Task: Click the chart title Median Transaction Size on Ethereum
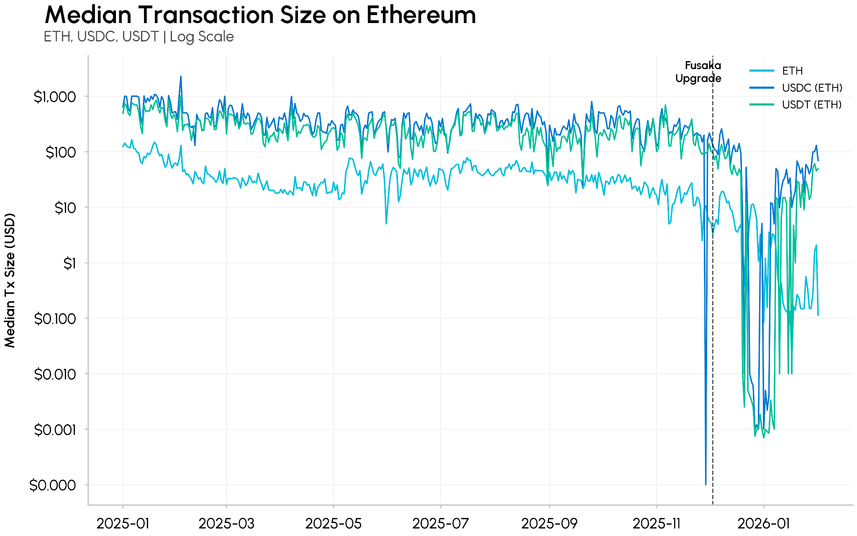[x=260, y=15]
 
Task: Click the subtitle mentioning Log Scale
[x=139, y=37]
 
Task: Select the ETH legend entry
[x=792, y=71]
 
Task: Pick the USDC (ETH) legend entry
[x=811, y=88]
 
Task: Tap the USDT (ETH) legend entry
[x=811, y=105]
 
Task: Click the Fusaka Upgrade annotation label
[x=698, y=72]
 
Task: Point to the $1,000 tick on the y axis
[x=55, y=97]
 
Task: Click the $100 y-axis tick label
[x=61, y=152]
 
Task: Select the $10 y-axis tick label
[x=65, y=208]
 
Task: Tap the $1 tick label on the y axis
[x=69, y=263]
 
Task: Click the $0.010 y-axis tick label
[x=55, y=374]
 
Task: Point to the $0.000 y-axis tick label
[x=53, y=485]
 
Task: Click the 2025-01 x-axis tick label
[x=123, y=523]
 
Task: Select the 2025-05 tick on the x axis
[x=334, y=523]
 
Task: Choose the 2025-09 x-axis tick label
[x=549, y=523]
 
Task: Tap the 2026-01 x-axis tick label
[x=763, y=523]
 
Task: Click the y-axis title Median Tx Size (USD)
[x=10, y=281]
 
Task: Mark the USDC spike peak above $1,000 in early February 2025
[x=181, y=77]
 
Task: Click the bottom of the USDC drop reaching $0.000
[x=706, y=484]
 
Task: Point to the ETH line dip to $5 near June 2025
[x=386, y=223]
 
